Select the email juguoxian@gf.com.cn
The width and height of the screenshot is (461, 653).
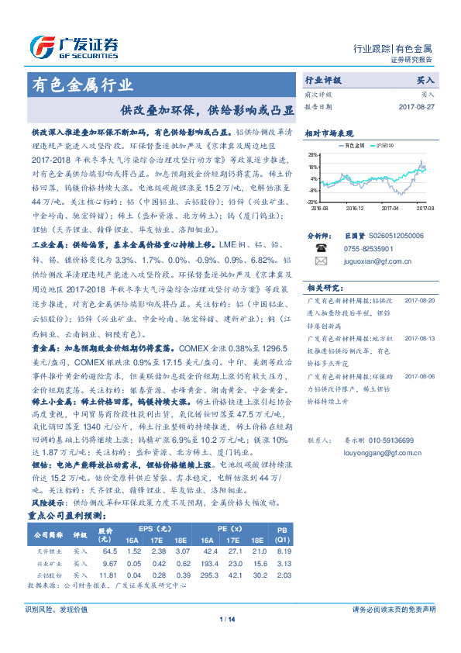[376, 262]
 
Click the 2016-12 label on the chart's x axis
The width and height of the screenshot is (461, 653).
[356, 208]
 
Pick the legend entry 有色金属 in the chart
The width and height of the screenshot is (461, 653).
[355, 145]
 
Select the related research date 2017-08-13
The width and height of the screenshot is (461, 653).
[421, 316]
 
